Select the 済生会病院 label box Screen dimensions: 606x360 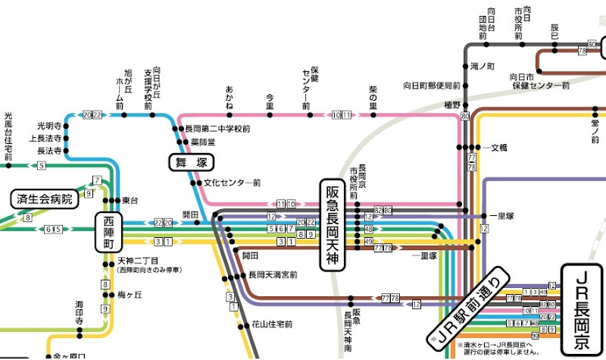[45, 199]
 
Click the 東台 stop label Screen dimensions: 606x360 [130, 200]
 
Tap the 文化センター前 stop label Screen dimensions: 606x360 [233, 183]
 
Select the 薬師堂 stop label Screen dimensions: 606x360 [203, 141]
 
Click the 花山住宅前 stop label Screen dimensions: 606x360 [270, 326]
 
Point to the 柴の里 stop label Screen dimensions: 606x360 [373, 92]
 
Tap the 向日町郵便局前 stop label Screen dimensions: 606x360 [432, 85]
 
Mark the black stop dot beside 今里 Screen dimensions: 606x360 [270, 115]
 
